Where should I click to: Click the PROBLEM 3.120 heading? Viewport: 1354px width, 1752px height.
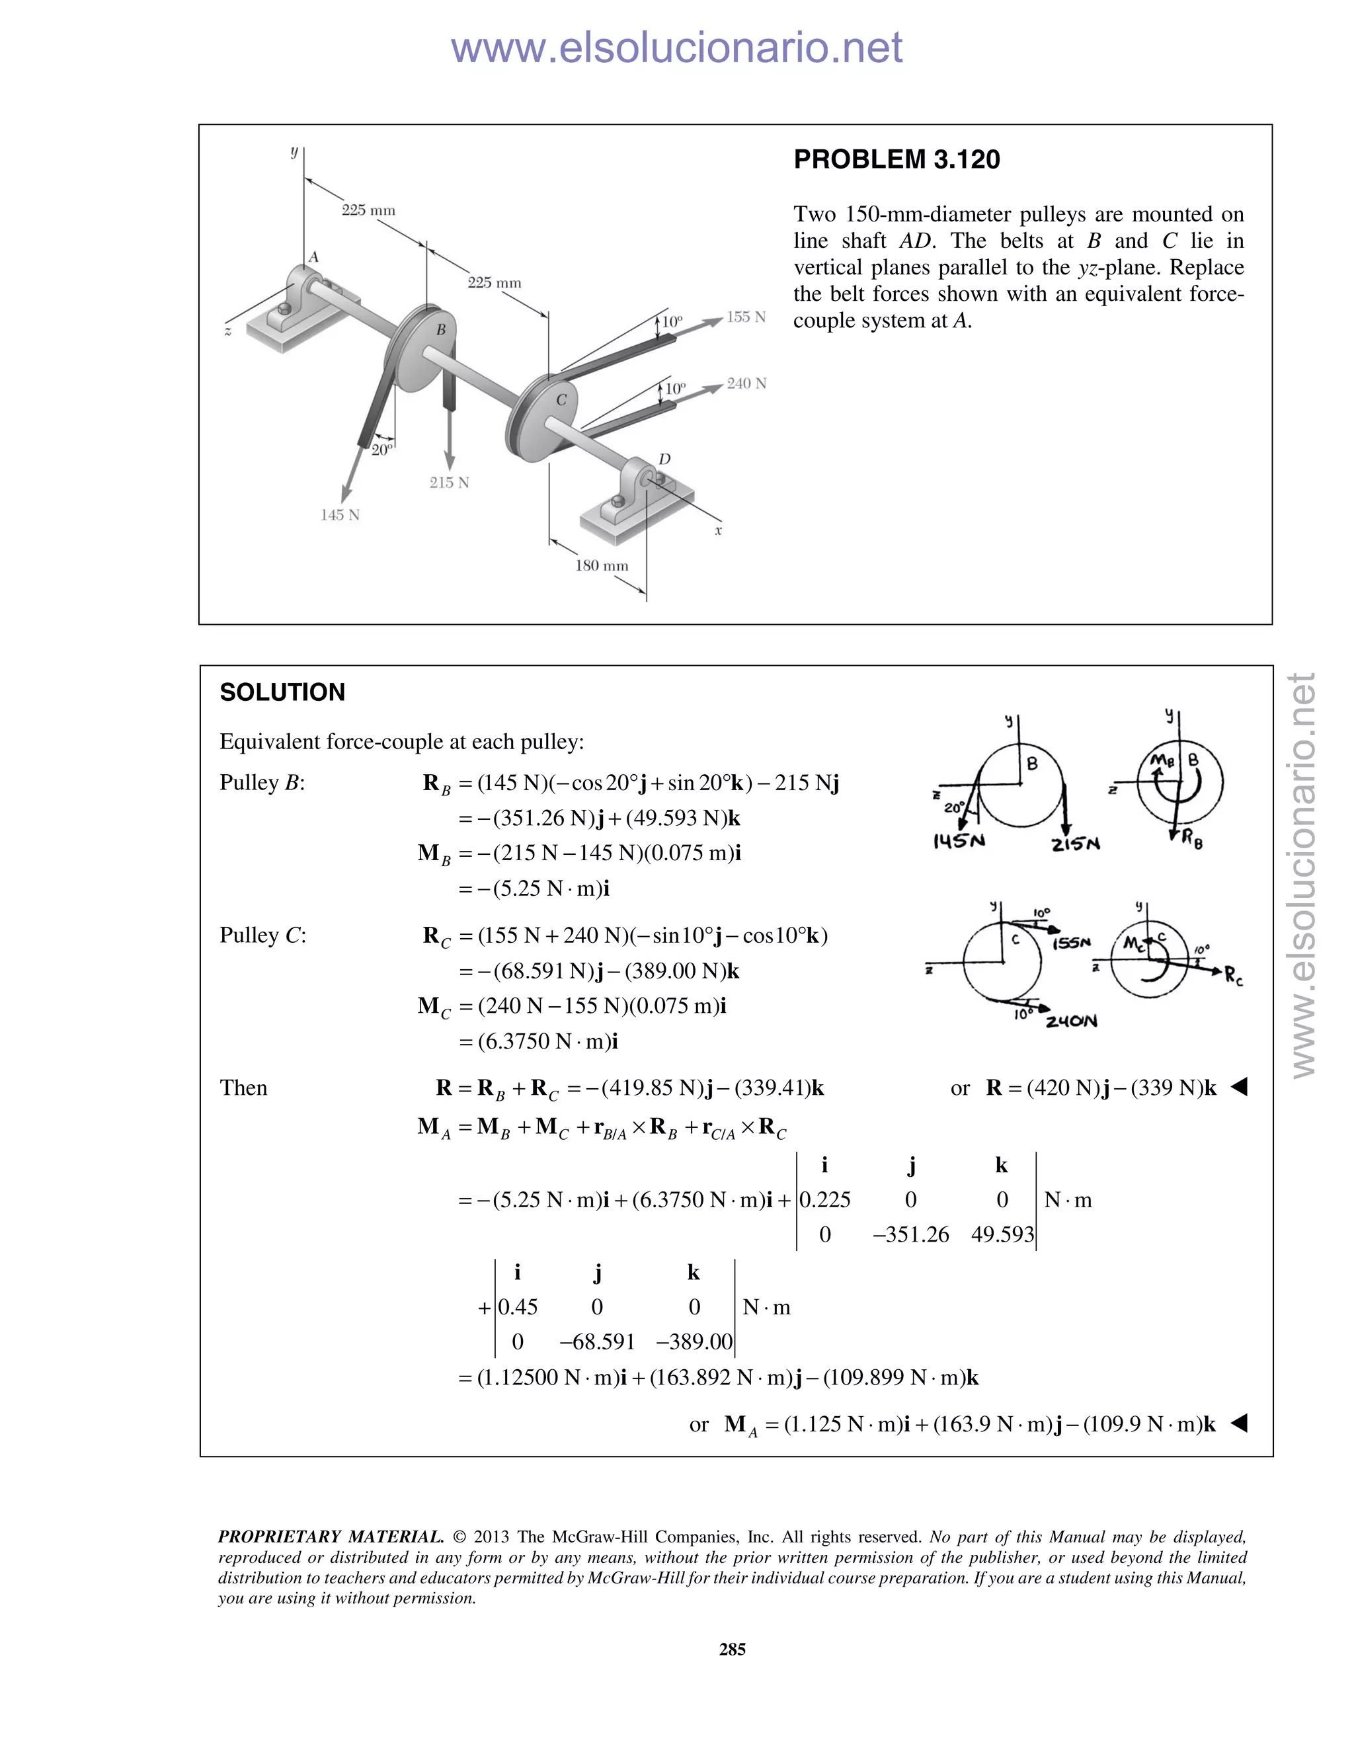click(x=896, y=159)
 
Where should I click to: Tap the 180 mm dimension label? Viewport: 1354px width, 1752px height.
click(x=601, y=565)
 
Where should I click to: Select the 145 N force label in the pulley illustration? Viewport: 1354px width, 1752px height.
click(x=340, y=515)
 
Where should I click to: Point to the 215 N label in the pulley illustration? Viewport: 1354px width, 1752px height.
click(x=448, y=482)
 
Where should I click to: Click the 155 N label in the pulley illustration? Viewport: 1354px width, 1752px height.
click(x=746, y=317)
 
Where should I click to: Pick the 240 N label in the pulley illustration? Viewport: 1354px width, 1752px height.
click(x=746, y=383)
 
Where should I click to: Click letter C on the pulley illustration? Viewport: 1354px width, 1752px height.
click(x=561, y=399)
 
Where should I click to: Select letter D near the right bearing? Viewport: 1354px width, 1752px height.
click(x=664, y=459)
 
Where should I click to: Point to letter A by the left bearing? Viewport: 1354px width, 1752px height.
click(x=313, y=257)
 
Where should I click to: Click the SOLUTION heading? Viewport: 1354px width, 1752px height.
click(x=282, y=692)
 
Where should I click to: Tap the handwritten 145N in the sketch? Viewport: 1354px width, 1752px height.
click(x=959, y=841)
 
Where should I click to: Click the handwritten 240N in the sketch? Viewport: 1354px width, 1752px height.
click(x=1071, y=1021)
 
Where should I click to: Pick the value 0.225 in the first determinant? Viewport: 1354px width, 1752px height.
click(x=825, y=1199)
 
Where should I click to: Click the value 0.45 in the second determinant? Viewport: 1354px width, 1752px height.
click(x=518, y=1307)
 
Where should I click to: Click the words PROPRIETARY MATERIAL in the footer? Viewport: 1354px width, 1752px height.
click(x=331, y=1537)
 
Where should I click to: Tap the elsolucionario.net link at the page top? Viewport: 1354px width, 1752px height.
click(x=676, y=48)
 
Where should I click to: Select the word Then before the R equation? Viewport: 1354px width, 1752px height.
click(x=243, y=1088)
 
